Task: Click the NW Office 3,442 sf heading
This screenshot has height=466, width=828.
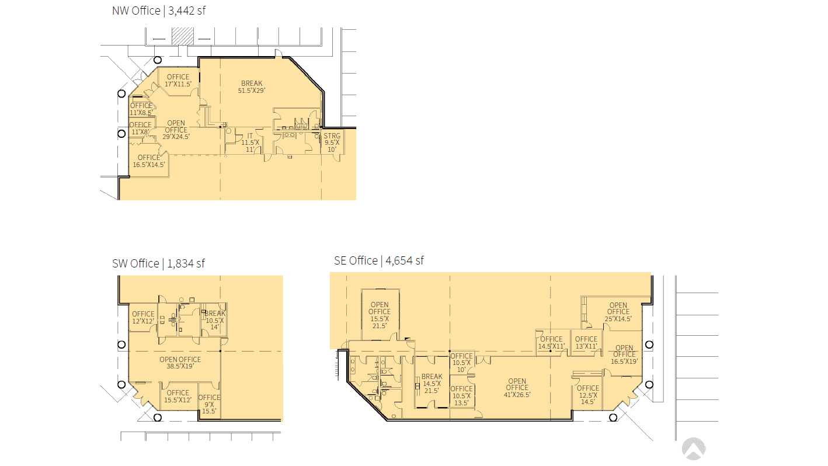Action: tap(159, 11)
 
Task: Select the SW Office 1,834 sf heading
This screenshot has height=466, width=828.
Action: tap(158, 263)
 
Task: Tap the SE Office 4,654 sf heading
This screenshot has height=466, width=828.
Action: tap(379, 260)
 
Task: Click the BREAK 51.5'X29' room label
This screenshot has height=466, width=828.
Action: tap(252, 87)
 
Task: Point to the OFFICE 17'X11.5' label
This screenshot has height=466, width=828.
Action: tap(178, 80)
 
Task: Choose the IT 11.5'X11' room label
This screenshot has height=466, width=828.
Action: tap(251, 142)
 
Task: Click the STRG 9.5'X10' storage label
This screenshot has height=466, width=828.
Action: tap(332, 142)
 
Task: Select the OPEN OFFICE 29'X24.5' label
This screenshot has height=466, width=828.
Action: tap(176, 130)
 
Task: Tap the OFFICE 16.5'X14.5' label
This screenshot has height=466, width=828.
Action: tap(149, 161)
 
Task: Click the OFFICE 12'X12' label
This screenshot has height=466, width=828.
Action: tap(144, 318)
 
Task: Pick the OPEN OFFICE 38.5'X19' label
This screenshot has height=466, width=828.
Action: tap(180, 363)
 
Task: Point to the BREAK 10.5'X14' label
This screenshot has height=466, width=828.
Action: tap(215, 320)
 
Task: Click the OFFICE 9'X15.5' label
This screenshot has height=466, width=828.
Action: tap(209, 404)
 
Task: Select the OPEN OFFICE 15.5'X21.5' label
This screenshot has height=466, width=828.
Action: tap(380, 315)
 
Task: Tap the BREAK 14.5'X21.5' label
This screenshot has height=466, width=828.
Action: tap(432, 384)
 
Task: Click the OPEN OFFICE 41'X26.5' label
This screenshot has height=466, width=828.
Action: tap(517, 388)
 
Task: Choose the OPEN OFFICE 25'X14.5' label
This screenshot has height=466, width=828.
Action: tap(618, 312)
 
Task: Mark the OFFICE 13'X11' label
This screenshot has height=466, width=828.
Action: tap(586, 343)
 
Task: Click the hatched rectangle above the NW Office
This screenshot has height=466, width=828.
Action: tap(183, 36)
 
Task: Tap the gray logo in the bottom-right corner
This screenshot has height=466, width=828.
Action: tap(694, 449)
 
